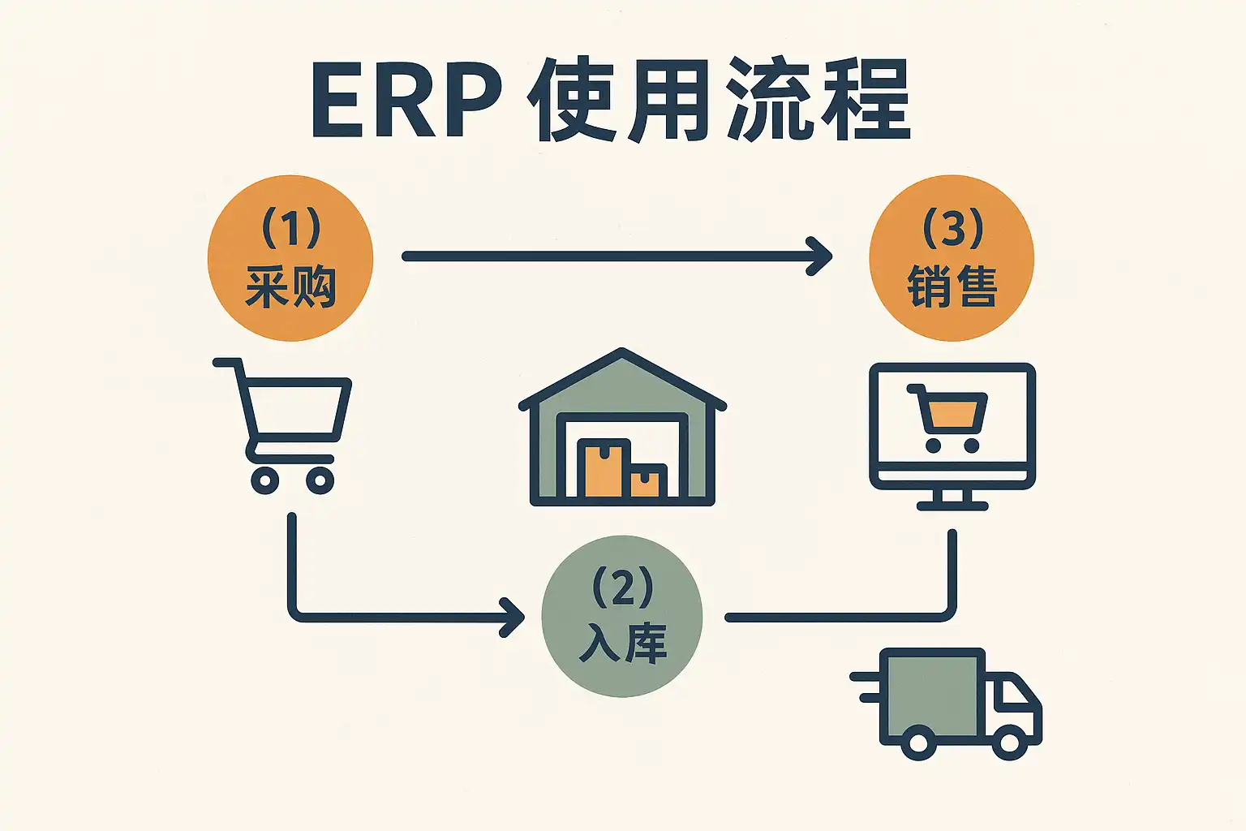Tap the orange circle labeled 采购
(290, 258)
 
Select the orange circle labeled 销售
(952, 258)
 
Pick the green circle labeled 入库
(622, 616)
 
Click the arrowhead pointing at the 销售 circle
(821, 256)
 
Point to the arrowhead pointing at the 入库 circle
(513, 618)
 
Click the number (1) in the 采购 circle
(290, 228)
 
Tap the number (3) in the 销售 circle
(953, 228)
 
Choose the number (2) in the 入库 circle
(622, 587)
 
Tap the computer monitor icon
(952, 434)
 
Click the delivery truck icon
(949, 703)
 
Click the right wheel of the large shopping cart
(320, 480)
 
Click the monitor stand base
(952, 505)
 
